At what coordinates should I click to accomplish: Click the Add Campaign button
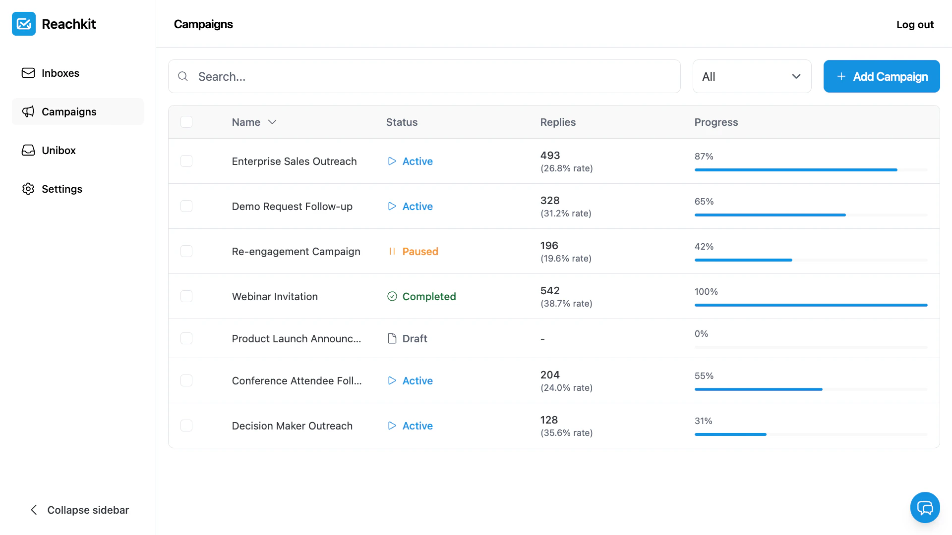coord(881,76)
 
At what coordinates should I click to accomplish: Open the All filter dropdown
coord(751,76)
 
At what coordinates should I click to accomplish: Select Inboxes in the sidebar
coord(60,73)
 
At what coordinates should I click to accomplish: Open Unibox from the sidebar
coord(59,151)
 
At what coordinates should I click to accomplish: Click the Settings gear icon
coord(28,189)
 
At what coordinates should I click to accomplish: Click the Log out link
coord(914,24)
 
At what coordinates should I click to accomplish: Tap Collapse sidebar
coord(79,510)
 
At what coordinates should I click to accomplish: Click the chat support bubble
coord(925,507)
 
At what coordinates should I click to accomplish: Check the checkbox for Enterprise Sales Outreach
coord(186,161)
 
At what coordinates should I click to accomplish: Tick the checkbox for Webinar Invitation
coord(186,296)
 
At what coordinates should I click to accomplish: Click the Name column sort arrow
coord(272,122)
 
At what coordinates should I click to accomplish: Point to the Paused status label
coord(420,252)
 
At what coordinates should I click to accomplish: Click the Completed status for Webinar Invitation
coord(428,297)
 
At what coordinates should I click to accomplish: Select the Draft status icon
coord(392,339)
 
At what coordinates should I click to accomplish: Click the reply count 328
coord(550,201)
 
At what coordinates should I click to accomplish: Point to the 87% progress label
coord(704,157)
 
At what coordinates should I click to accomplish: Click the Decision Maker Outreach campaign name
coord(292,426)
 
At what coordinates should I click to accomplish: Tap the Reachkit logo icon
coord(24,24)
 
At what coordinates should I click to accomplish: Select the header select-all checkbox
coord(186,122)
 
